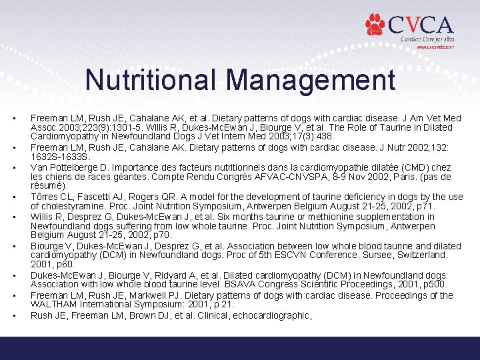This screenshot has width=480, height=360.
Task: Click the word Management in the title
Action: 310,81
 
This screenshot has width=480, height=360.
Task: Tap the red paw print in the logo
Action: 375,25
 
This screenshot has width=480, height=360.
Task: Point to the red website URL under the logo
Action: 435,47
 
